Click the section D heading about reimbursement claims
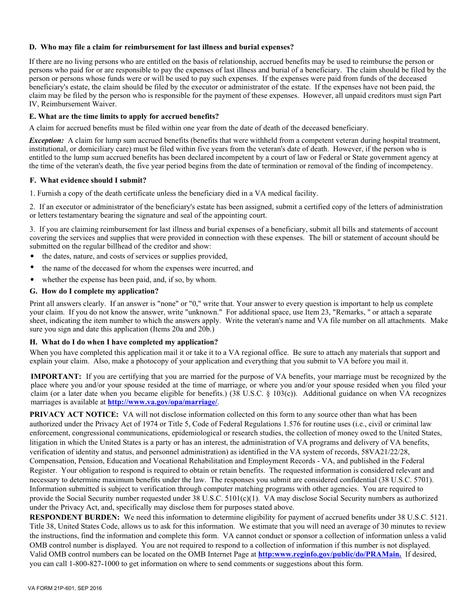click(161, 47)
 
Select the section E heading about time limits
click(124, 116)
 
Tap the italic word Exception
click(46, 140)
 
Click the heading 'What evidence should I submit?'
click(88, 180)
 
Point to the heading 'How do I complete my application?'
click(94, 291)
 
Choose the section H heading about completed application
click(124, 342)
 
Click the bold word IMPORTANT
click(56, 376)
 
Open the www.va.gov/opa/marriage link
click(163, 402)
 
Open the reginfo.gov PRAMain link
click(329, 554)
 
